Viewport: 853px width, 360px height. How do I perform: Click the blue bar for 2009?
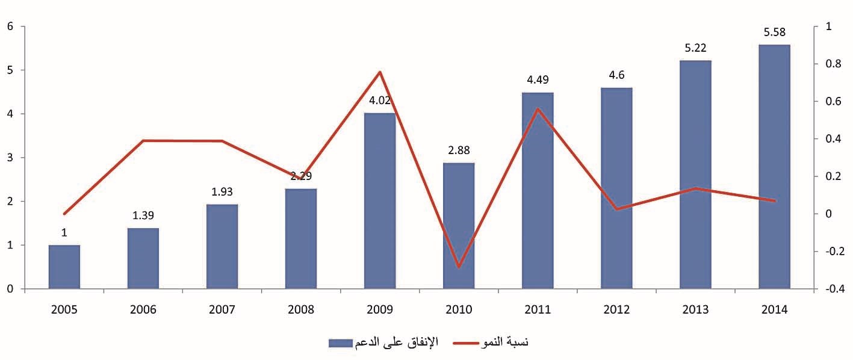pos(380,201)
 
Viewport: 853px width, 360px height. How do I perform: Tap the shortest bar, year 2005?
pos(64,267)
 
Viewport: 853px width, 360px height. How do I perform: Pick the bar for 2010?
pos(459,226)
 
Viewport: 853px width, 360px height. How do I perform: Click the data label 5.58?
pos(775,33)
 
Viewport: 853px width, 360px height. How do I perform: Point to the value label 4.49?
pos(538,80)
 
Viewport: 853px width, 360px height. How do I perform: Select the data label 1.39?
pos(143,216)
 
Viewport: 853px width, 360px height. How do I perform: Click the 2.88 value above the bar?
pos(459,151)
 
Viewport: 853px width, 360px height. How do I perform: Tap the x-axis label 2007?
pos(222,309)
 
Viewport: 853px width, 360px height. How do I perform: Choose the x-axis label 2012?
pos(616,309)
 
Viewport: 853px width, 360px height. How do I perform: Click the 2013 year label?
pos(695,309)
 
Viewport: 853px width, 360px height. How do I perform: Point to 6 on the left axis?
pos(10,26)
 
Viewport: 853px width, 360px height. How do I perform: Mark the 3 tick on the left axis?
pos(10,158)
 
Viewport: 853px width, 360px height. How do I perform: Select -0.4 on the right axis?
pos(831,289)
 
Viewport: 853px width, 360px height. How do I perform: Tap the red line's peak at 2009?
pos(380,72)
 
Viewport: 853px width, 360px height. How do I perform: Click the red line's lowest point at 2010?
pos(459,267)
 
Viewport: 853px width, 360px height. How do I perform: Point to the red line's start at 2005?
pos(64,214)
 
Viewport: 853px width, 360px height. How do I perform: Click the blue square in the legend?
pos(332,343)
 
